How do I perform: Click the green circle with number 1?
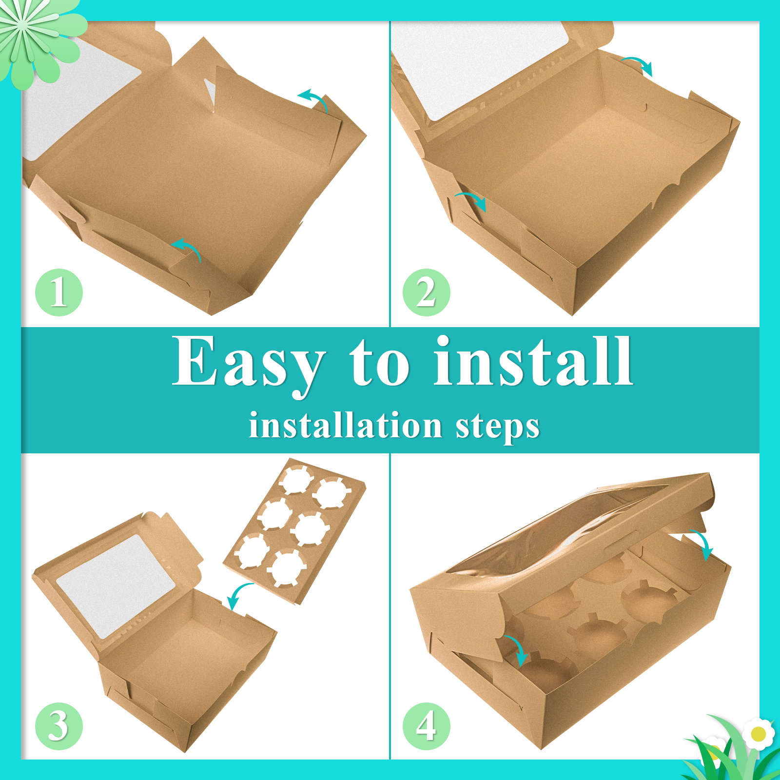pyautogui.click(x=59, y=292)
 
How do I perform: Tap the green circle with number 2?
pyautogui.click(x=427, y=292)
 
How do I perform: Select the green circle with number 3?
pyautogui.click(x=59, y=726)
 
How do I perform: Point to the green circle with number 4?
pyautogui.click(x=427, y=726)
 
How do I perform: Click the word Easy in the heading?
pyautogui.click(x=249, y=366)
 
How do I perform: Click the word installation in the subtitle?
pyautogui.click(x=345, y=425)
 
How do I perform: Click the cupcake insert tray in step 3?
pyautogui.click(x=294, y=531)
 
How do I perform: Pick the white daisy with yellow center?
pyautogui.click(x=758, y=733)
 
